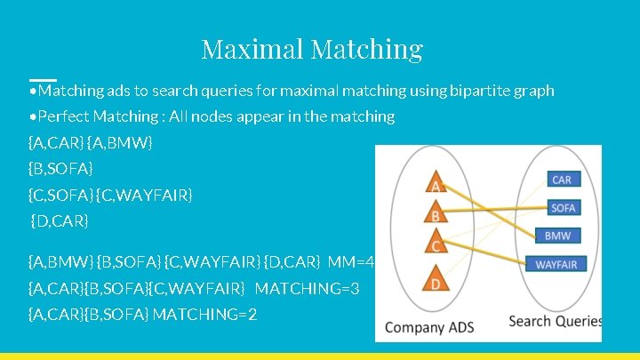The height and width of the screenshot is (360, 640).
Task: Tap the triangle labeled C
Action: [x=436, y=242]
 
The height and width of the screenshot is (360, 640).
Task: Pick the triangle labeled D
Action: [x=436, y=279]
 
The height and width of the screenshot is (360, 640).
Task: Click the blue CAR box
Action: [x=562, y=180]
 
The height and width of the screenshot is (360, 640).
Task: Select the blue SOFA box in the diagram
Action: [x=563, y=208]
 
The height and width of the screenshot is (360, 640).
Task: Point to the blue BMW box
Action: [x=557, y=236]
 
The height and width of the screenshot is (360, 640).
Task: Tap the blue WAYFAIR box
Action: [x=556, y=264]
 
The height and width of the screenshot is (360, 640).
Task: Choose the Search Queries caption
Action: [x=555, y=321]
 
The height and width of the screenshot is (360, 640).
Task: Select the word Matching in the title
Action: [x=367, y=48]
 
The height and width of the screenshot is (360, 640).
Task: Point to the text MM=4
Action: [x=351, y=261]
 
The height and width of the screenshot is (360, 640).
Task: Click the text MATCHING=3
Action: [x=307, y=288]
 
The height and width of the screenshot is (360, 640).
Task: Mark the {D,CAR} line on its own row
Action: [x=60, y=220]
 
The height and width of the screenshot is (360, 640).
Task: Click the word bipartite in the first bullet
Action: [x=480, y=91]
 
